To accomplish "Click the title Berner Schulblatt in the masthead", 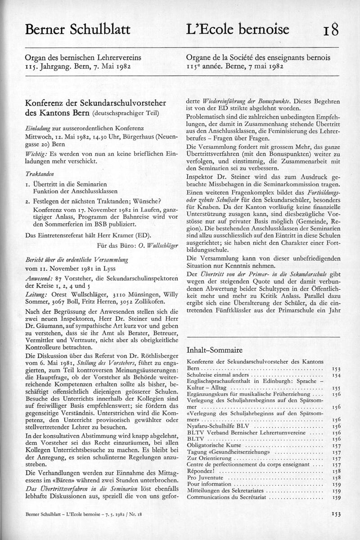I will (x=77, y=30).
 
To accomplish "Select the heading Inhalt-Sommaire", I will (x=214, y=350).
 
